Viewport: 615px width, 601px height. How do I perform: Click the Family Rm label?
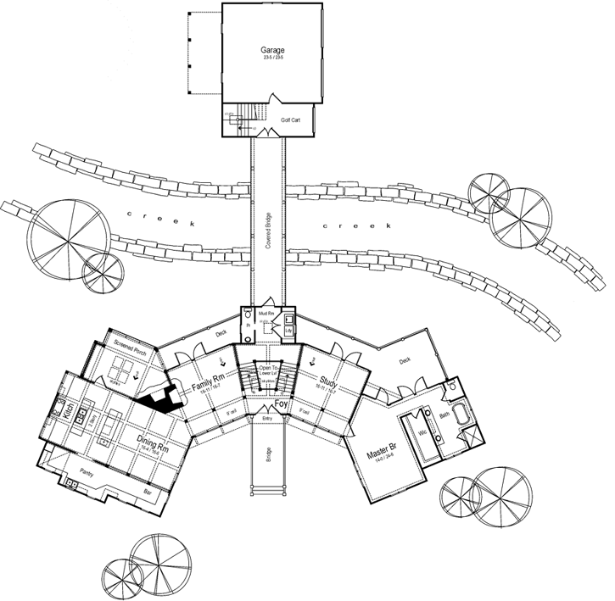tap(206, 377)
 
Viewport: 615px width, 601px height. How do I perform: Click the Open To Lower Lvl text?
tap(270, 370)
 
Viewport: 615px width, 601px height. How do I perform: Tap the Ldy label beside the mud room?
tap(288, 330)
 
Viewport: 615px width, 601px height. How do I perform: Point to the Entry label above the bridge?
tap(267, 419)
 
